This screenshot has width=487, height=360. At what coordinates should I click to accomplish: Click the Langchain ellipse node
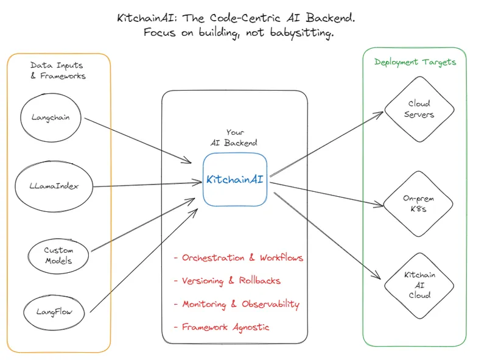[x=51, y=118]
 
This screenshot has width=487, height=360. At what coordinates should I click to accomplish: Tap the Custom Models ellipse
[x=58, y=255]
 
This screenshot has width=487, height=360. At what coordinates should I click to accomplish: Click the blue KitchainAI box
[x=235, y=180]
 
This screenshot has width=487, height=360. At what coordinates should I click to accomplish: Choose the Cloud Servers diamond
[x=419, y=109]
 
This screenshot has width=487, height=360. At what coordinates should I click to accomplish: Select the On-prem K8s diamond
[x=419, y=203]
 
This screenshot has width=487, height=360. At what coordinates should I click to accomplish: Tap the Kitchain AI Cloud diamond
[x=419, y=284]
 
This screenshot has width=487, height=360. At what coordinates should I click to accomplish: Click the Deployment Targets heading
[x=415, y=62]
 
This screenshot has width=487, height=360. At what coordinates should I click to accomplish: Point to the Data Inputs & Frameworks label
[x=58, y=71]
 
